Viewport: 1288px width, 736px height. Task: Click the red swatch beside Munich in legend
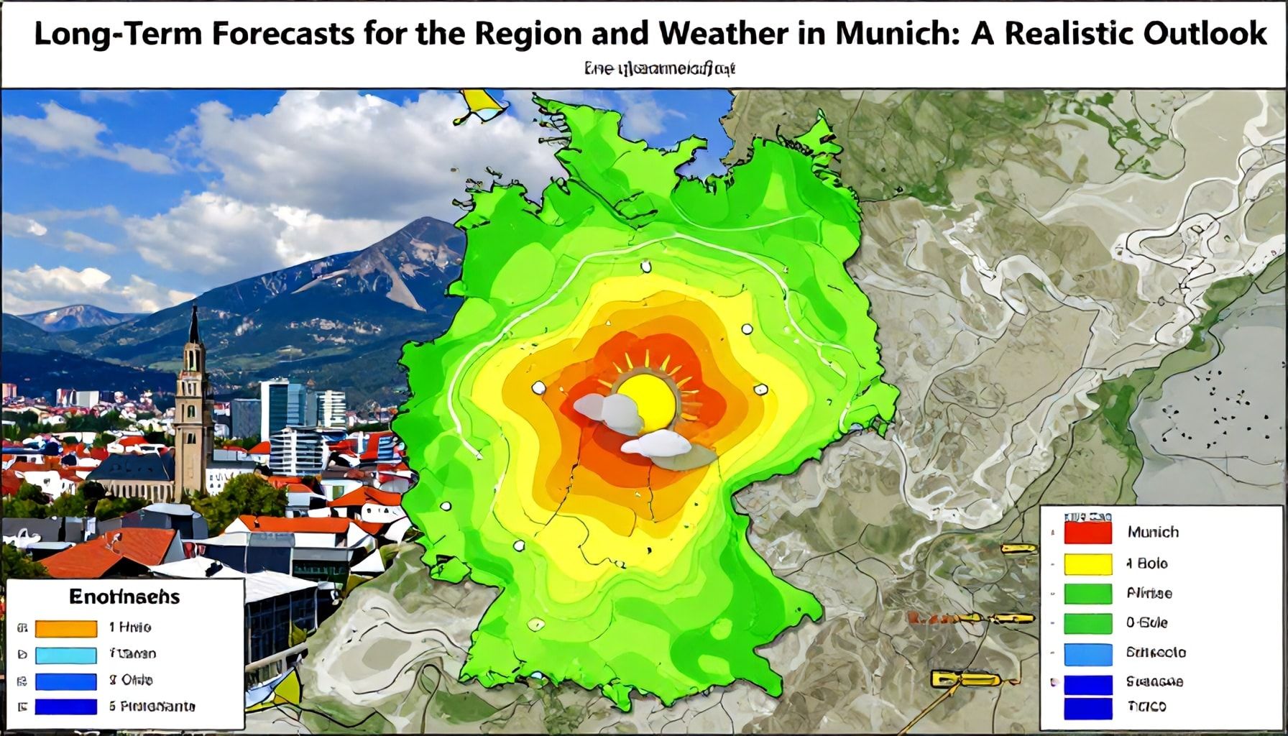click(x=1087, y=533)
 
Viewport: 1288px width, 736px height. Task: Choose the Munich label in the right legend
click(x=1153, y=532)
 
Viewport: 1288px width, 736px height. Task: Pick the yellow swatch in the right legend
click(x=1087, y=563)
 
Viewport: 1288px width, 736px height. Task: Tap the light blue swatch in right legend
click(x=1087, y=653)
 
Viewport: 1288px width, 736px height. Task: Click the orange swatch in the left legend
click(x=66, y=628)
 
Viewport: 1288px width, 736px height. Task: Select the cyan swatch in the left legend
click(x=66, y=655)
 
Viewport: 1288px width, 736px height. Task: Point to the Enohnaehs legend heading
click(x=124, y=597)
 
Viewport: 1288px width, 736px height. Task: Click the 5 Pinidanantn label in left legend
click(x=152, y=707)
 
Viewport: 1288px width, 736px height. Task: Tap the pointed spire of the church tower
click(x=194, y=323)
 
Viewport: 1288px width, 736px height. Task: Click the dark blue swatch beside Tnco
click(x=1087, y=707)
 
